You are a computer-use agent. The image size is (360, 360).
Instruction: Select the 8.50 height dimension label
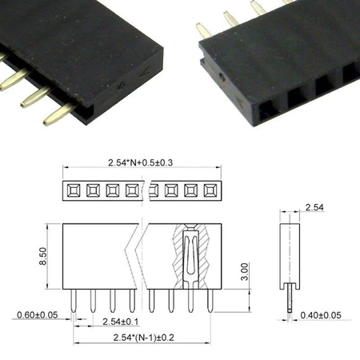click(x=52, y=257)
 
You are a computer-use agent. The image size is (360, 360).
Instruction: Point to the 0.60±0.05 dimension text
click(x=36, y=314)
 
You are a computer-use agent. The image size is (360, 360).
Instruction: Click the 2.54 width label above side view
click(x=314, y=209)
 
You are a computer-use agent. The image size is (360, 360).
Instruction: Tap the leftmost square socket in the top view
click(x=72, y=190)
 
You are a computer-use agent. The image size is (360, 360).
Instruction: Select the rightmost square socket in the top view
click(x=210, y=190)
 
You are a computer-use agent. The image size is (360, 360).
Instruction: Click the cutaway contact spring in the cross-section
click(x=190, y=256)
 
